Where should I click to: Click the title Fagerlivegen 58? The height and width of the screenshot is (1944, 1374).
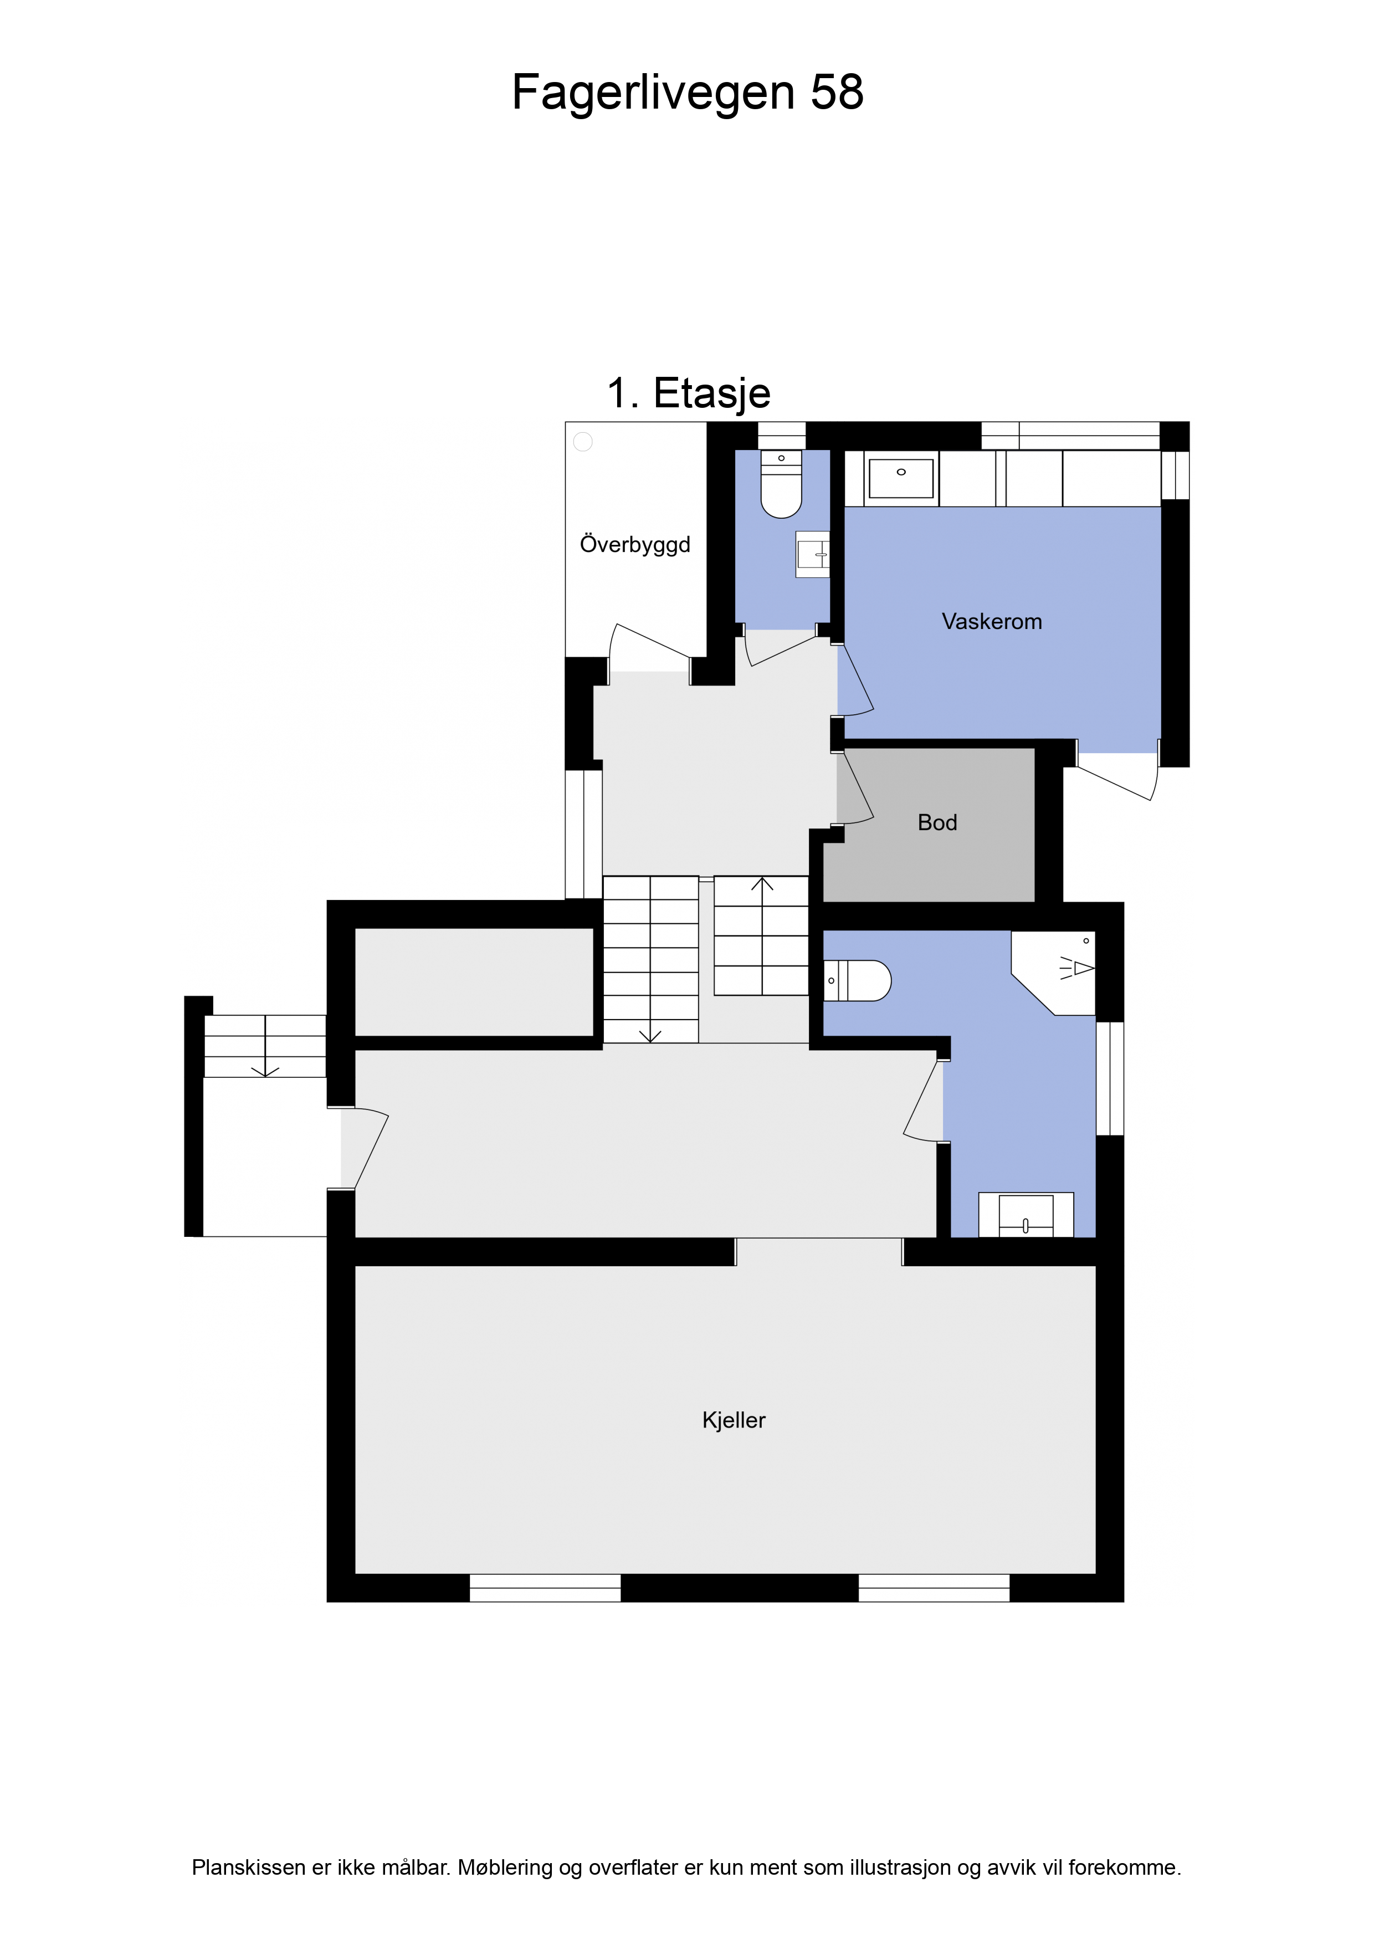(x=688, y=93)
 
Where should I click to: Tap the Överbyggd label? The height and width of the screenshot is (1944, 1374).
(x=635, y=544)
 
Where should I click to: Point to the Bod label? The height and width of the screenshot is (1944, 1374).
(x=937, y=822)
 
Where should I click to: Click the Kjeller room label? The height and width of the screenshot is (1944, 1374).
(x=734, y=1420)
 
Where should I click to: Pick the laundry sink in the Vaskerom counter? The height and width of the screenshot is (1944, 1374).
(x=901, y=478)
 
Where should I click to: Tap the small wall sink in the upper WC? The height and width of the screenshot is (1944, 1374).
(x=813, y=555)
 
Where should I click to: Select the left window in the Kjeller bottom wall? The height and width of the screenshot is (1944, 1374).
(x=545, y=1588)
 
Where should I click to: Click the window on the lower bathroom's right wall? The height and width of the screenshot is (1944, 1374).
(x=1110, y=1078)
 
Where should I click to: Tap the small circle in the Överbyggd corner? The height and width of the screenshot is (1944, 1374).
(x=583, y=441)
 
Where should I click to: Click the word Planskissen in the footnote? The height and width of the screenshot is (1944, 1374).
(x=249, y=1867)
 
